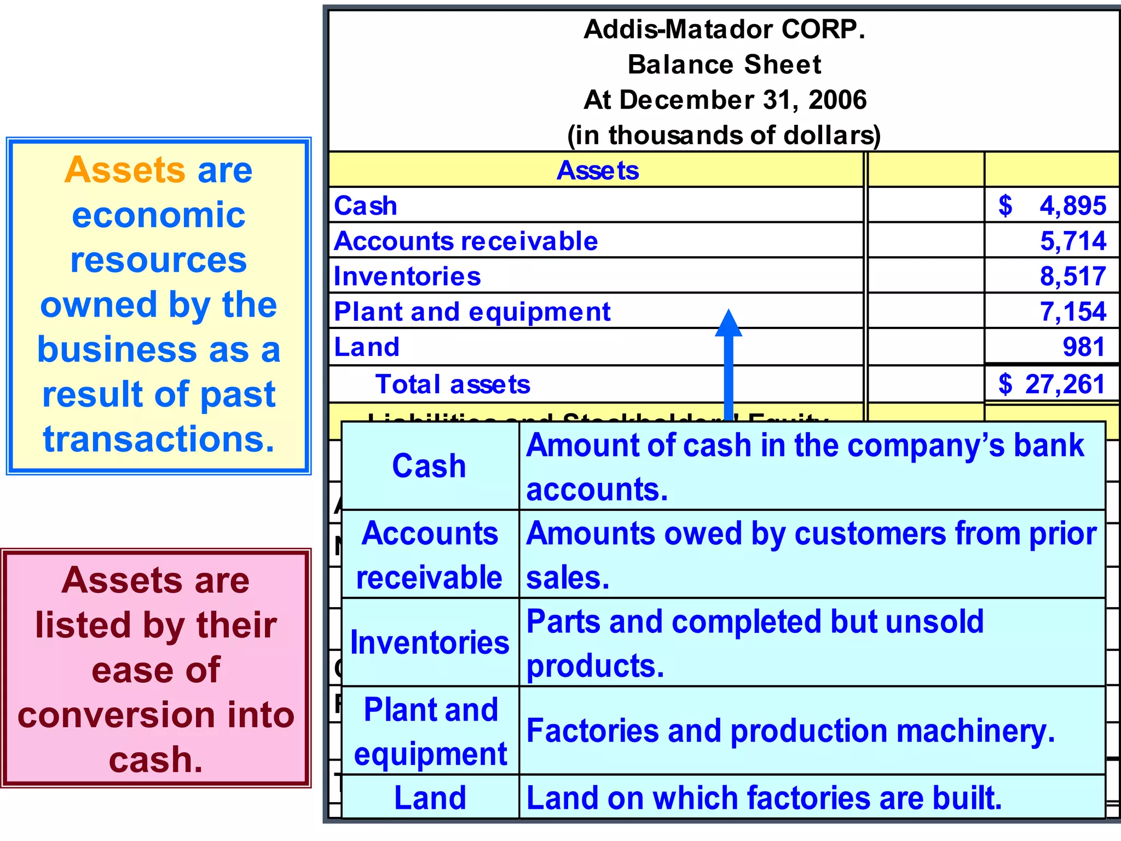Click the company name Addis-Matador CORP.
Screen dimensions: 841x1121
point(724,30)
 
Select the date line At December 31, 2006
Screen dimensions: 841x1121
point(725,100)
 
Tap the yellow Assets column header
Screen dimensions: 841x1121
point(597,171)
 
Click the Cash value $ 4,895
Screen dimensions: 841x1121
point(1051,206)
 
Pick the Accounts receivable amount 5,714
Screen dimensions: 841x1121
point(1073,241)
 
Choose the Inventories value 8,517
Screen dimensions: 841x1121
point(1073,277)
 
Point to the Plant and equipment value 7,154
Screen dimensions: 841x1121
point(1073,312)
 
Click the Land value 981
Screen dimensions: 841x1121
point(1083,347)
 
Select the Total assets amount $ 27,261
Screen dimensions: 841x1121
point(1051,384)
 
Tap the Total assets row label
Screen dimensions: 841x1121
point(453,384)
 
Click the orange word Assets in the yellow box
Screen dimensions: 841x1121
point(125,170)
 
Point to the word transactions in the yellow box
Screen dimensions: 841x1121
point(159,439)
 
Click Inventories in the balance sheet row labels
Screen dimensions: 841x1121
point(407,277)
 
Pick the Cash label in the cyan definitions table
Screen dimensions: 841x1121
point(429,466)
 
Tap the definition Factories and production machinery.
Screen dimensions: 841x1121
point(790,731)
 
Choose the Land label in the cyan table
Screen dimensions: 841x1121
point(430,798)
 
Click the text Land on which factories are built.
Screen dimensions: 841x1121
point(764,798)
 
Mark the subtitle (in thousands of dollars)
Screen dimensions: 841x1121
point(724,135)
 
